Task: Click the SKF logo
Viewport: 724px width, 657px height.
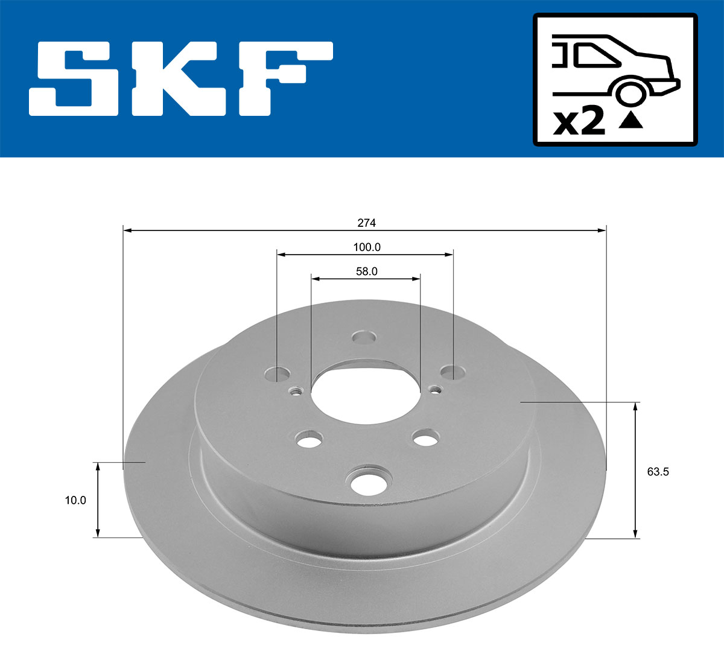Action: pos(181,78)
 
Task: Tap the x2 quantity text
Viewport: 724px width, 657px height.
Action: pos(579,122)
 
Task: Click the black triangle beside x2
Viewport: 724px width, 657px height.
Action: pos(631,121)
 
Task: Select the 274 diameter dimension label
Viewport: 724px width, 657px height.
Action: pos(366,223)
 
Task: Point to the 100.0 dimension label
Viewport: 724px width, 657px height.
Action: pos(366,247)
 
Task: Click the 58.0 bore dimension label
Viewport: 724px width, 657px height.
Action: pos(366,271)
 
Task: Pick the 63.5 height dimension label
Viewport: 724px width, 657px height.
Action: pos(658,472)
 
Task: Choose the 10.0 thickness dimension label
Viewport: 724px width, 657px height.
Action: pos(75,500)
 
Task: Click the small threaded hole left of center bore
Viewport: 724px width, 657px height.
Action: pos(295,392)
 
